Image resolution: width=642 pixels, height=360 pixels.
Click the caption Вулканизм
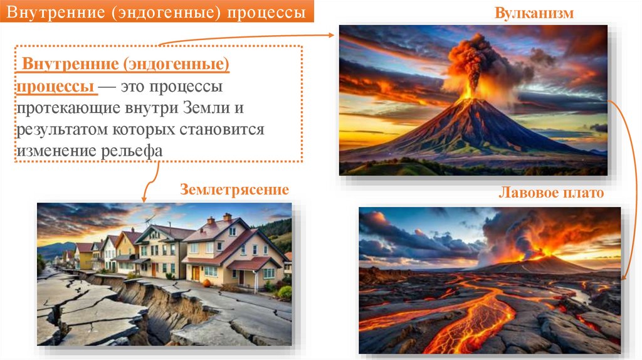click(x=534, y=13)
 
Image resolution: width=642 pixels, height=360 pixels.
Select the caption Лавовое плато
click(x=550, y=193)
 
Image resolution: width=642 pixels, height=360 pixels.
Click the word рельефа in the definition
click(x=132, y=151)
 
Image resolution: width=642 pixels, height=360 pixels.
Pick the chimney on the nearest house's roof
click(x=226, y=218)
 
